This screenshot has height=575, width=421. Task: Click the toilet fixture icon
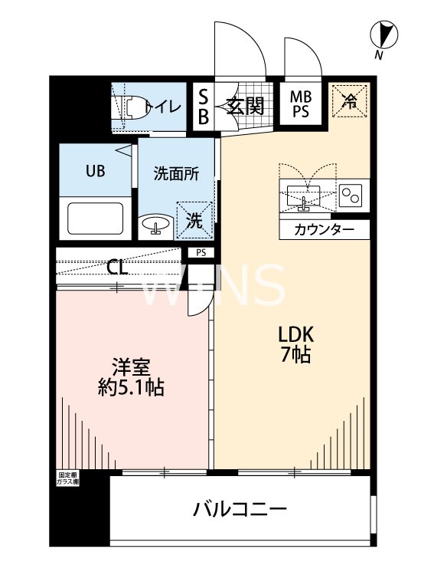pos(132,107)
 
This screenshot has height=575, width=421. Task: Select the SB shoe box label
pos(204,105)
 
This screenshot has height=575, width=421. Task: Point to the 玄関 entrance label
pos(245,106)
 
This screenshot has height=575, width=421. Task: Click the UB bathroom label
pos(95,170)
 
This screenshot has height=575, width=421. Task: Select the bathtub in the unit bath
pos(96,217)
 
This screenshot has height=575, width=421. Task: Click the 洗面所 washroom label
pos(176,173)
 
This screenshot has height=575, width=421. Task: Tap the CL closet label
pos(117,268)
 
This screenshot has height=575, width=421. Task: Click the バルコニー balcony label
pos(239,509)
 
